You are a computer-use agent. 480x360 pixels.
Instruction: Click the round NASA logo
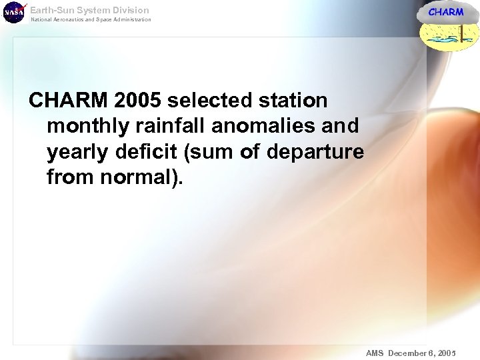[13, 13]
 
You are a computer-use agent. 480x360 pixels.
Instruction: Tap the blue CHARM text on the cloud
[445, 12]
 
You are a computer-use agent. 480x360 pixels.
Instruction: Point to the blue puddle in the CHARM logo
[445, 41]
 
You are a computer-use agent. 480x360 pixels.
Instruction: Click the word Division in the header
[131, 10]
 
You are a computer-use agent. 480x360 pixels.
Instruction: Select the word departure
[315, 152]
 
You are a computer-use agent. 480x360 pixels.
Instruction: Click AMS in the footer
[375, 352]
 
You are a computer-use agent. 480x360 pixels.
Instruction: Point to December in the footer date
[411, 352]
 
